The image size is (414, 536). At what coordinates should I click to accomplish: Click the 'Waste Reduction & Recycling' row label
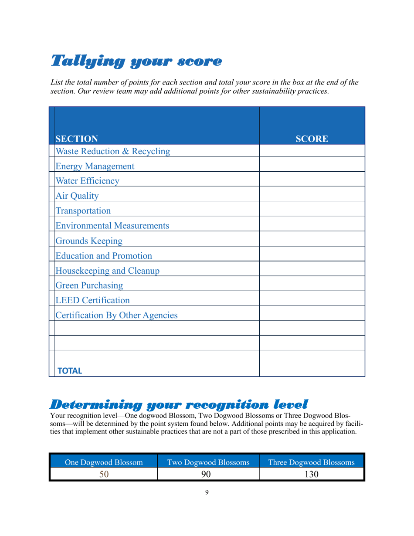click(112, 151)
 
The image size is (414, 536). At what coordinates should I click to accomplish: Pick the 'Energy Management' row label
click(95, 166)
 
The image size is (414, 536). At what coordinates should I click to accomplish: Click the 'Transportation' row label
click(83, 211)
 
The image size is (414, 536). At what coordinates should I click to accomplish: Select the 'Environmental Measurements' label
click(112, 226)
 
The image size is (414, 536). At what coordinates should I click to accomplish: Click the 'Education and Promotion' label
click(104, 255)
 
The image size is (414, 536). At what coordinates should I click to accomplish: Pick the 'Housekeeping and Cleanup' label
click(107, 271)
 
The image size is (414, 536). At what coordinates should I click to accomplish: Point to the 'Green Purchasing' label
click(89, 285)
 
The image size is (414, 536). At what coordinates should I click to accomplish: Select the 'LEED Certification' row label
click(92, 300)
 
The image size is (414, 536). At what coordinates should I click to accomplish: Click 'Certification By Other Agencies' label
click(116, 315)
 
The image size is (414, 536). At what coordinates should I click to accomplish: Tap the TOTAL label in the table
click(70, 371)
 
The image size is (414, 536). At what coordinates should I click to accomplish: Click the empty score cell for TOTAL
click(312, 363)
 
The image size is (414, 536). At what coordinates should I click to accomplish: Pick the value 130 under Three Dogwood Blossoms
click(312, 474)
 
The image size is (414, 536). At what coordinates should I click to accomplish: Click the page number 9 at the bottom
click(207, 492)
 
